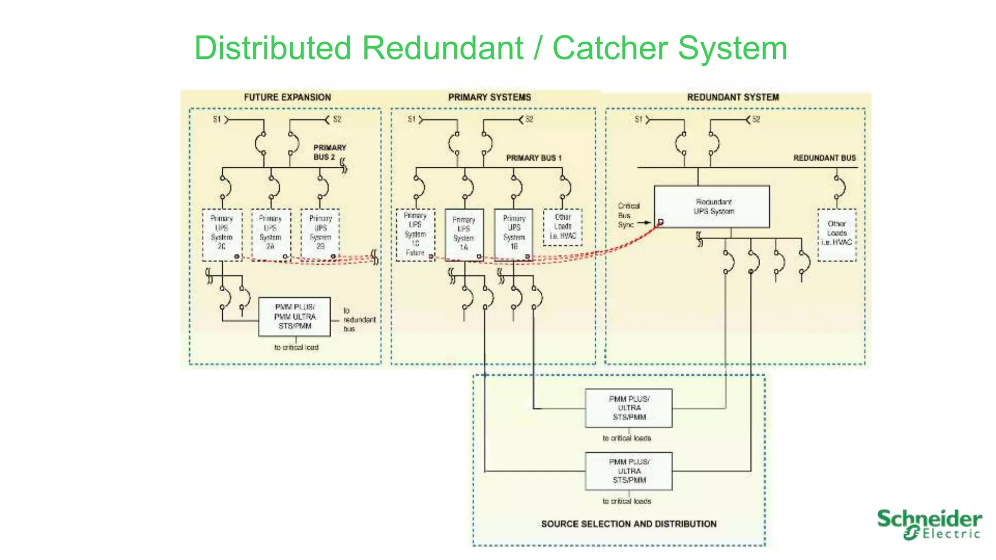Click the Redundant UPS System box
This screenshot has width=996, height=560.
pyautogui.click(x=712, y=207)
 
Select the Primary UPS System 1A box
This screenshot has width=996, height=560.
pyautogui.click(x=464, y=234)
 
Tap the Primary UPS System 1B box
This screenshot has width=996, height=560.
pyautogui.click(x=514, y=233)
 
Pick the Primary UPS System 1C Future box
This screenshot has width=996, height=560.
pyautogui.click(x=415, y=234)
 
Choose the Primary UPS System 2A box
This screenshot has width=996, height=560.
pyautogui.click(x=271, y=233)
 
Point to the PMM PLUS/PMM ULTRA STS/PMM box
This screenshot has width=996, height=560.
pyautogui.click(x=294, y=316)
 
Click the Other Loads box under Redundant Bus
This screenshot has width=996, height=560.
pyautogui.click(x=836, y=234)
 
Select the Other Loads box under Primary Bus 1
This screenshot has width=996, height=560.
pyautogui.click(x=563, y=227)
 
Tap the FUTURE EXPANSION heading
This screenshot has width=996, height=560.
pyautogui.click(x=287, y=97)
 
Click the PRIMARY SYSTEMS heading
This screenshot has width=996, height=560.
pyautogui.click(x=489, y=97)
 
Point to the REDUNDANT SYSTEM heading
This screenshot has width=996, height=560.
pyautogui.click(x=733, y=97)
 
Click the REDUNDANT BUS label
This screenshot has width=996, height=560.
pyautogui.click(x=824, y=158)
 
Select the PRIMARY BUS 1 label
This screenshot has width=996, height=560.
pyautogui.click(x=534, y=158)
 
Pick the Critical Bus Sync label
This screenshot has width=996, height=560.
pyautogui.click(x=628, y=215)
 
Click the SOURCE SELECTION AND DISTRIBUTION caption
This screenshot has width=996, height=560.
pyautogui.click(x=628, y=524)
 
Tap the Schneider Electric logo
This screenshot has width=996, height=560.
pyautogui.click(x=929, y=524)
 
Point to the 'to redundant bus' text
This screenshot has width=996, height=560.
pyautogui.click(x=359, y=319)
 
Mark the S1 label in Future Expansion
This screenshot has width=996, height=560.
pyautogui.click(x=217, y=120)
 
